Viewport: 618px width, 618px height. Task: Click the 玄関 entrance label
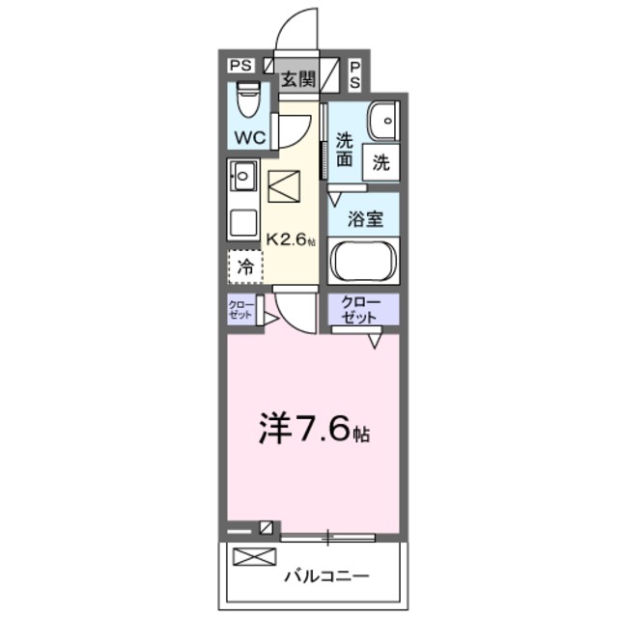[x=297, y=80]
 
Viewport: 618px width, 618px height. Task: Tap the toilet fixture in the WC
[x=249, y=99]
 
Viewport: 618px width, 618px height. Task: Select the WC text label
[x=248, y=137]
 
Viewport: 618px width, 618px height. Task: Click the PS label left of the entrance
[x=240, y=65]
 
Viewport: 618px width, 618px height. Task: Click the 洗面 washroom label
[x=344, y=150]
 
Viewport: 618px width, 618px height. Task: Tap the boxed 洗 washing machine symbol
[x=380, y=163]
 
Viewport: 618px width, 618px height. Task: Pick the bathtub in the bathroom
[x=363, y=260]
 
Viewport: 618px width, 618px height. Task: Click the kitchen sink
[x=241, y=177]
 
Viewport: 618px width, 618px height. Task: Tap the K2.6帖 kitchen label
[x=291, y=240]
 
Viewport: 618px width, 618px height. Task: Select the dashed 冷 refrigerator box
[x=245, y=267]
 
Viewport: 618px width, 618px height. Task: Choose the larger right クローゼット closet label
[x=362, y=309]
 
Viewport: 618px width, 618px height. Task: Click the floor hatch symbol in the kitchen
[x=285, y=186]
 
